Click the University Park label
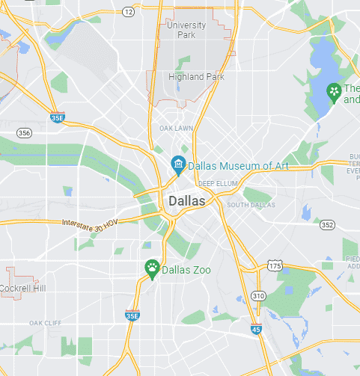186,30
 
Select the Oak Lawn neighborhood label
177,129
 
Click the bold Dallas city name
187,201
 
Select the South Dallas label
251,205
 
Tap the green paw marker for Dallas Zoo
152,269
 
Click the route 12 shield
128,12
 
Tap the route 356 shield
25,133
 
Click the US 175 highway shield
275,265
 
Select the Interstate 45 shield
256,329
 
